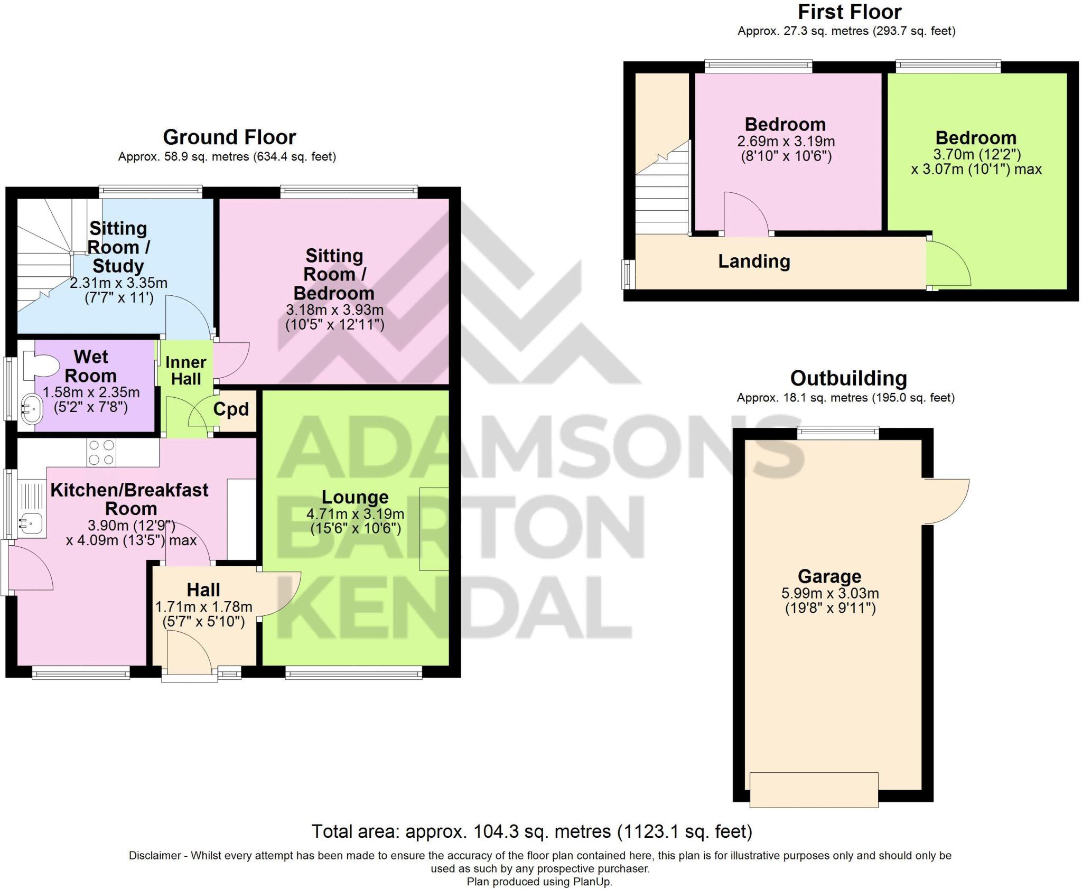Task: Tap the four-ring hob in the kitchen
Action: (101, 453)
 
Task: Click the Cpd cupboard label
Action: (231, 409)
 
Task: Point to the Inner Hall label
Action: (185, 370)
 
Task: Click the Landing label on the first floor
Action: (754, 261)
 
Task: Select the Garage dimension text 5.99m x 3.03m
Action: (830, 593)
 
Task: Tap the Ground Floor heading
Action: (229, 137)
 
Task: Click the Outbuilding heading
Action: (848, 378)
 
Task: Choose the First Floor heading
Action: (850, 12)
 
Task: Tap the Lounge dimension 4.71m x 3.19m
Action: (355, 514)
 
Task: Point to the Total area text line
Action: (531, 831)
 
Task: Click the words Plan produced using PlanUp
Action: (539, 882)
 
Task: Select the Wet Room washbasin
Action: (32, 409)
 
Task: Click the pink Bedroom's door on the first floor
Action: (745, 214)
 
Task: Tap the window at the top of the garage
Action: (838, 433)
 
